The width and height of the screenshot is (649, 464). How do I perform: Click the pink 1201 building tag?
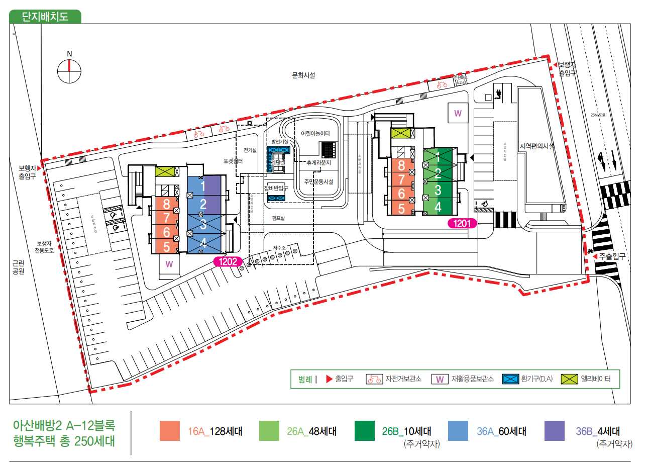pos(461,223)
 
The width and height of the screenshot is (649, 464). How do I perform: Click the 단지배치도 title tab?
pos(45,16)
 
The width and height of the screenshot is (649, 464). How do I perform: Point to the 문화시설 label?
pos(304,75)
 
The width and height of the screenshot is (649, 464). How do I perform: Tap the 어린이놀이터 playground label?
pos(315,134)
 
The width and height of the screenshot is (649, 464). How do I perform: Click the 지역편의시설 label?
pos(537,146)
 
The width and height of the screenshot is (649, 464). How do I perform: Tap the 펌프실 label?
pos(278,218)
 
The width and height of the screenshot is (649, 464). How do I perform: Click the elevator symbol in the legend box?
pos(570,379)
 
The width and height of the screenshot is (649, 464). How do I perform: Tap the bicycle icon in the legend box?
pos(374,379)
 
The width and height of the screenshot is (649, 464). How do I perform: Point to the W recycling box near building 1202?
pos(169,263)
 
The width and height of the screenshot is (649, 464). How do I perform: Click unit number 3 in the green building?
pos(438,191)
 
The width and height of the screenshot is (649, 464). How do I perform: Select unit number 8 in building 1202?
pos(167,204)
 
